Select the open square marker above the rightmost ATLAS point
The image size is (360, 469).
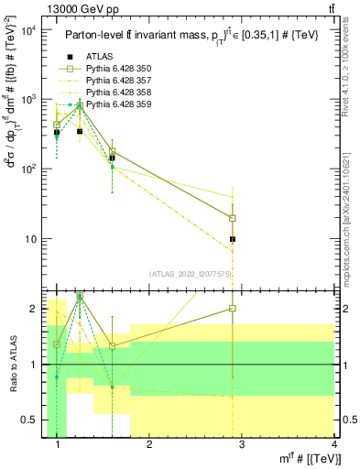pyautogui.click(x=233, y=218)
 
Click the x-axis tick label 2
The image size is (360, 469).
pyautogui.click(x=150, y=446)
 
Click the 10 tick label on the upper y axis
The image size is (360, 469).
pyautogui.click(x=29, y=239)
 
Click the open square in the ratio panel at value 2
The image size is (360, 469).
pyautogui.click(x=233, y=309)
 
